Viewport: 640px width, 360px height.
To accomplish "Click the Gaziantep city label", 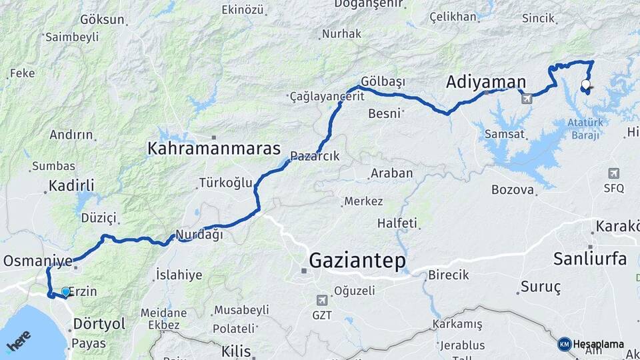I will (357, 260).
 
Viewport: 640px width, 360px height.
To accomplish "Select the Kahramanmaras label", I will (214, 147).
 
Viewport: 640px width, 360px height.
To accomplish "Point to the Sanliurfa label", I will (590, 259).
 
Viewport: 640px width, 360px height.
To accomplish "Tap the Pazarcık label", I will (315, 156).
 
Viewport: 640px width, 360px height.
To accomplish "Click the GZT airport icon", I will (323, 299).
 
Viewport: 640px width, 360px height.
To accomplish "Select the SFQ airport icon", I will (613, 173).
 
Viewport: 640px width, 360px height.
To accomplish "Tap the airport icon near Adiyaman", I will (527, 99).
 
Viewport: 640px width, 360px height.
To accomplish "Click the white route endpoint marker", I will (585, 85).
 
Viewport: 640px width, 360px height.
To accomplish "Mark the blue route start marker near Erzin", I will (65, 291).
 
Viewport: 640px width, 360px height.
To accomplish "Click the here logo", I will (19, 342).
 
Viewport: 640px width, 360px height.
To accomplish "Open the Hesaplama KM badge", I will (565, 344).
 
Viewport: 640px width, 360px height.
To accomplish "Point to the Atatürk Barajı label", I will (584, 128).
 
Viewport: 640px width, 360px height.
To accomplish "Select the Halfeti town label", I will (397, 223).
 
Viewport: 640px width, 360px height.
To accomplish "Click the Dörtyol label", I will (99, 323).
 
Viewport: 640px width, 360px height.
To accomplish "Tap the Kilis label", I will (236, 351).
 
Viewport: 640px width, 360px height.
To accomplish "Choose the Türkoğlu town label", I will (225, 183).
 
